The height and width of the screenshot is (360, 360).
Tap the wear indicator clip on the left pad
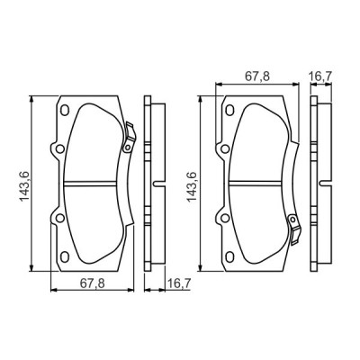(128, 134)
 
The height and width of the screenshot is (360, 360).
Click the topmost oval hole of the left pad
(62, 111)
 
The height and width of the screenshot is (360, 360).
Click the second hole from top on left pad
(59, 148)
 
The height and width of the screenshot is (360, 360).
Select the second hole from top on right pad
(222, 148)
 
